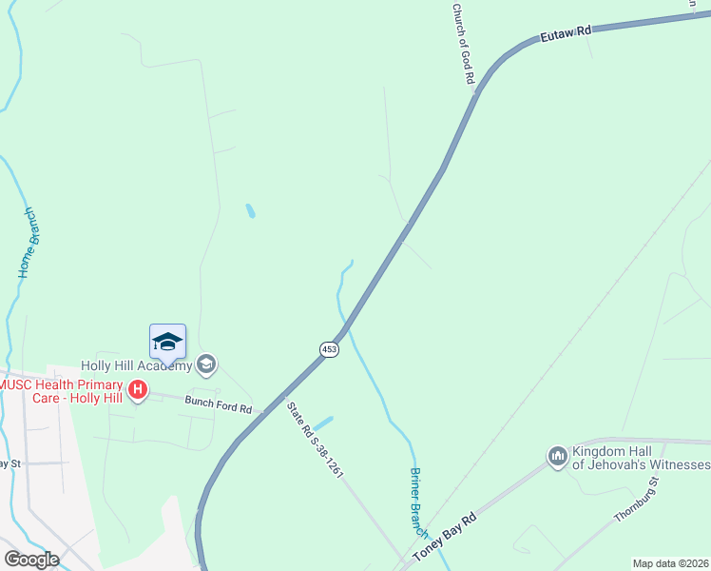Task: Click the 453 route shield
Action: point(329,350)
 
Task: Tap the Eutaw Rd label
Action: point(566,33)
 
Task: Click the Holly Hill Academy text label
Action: point(136,364)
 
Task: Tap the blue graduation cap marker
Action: point(167,342)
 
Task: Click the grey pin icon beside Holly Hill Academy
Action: point(206,364)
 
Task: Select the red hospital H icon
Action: point(138,389)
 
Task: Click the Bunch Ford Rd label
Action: point(219,404)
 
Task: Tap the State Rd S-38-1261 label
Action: point(315,439)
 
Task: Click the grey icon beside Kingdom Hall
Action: point(557,458)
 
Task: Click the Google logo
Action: point(31,560)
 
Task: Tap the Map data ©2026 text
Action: point(670,563)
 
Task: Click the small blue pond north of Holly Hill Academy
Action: point(250,210)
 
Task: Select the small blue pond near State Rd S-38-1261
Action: point(323,422)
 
